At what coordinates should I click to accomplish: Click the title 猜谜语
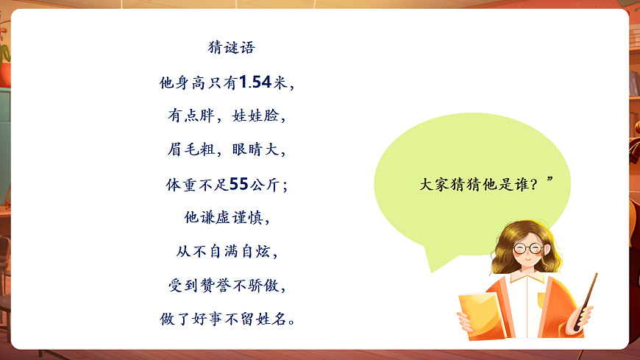click(232, 49)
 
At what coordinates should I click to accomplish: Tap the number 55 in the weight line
click(238, 184)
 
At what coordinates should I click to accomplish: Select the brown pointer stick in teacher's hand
click(589, 294)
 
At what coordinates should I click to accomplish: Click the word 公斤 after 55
click(266, 184)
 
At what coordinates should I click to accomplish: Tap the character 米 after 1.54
click(281, 82)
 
